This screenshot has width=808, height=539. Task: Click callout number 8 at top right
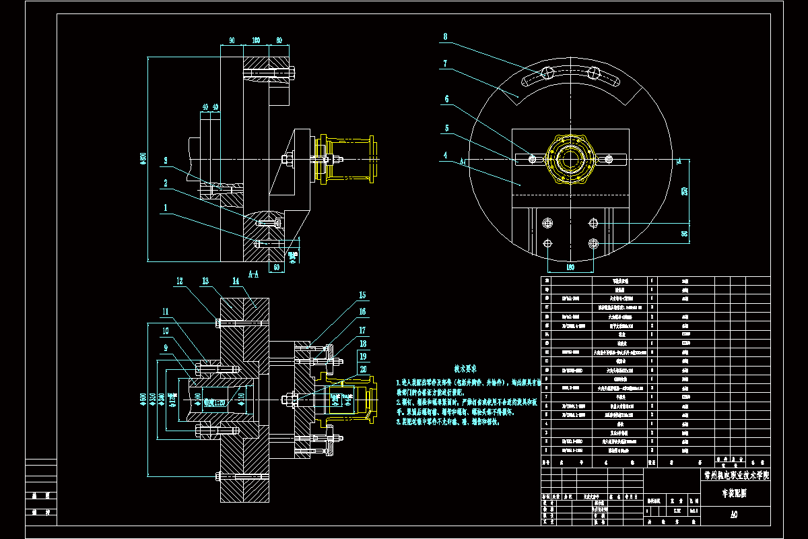pos(445,37)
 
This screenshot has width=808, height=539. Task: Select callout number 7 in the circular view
pos(445,64)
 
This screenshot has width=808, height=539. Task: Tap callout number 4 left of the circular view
pos(445,155)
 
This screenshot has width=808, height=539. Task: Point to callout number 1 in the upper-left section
pos(165,208)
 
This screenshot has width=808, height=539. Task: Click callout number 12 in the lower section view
pos(180,281)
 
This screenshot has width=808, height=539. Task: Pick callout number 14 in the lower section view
pos(235,281)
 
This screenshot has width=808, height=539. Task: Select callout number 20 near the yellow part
pos(363,370)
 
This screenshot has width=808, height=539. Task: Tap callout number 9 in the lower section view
pos(164,348)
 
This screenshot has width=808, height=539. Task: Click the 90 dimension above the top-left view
pos(232,40)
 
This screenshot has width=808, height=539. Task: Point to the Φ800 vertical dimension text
pos(143,159)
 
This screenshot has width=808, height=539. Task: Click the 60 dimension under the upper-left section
pos(276,267)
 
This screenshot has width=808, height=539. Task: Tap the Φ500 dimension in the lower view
pos(143,400)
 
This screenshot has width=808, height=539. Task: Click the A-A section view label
pos(255,275)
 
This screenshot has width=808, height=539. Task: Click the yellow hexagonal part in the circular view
pos(570,160)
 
